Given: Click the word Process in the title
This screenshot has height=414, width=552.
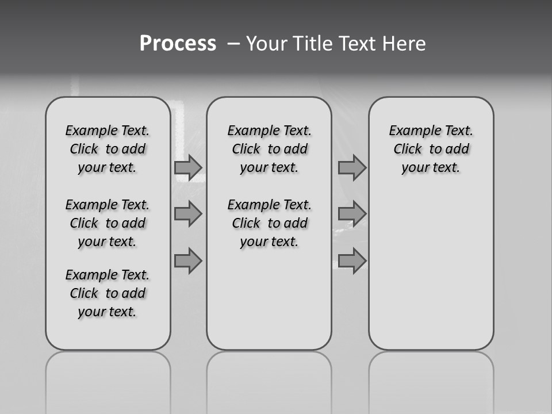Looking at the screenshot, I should pos(178,44).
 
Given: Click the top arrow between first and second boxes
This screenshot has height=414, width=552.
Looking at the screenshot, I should pos(188,167).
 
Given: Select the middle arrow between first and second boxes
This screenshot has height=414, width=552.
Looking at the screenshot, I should pos(188,214).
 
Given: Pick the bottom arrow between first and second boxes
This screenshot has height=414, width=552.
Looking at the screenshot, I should pos(188,260).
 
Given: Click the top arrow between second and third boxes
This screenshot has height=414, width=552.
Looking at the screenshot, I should pos(352,167).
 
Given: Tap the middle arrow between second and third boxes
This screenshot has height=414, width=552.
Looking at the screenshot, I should pos(352,214).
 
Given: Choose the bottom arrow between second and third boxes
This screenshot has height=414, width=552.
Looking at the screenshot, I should pos(352,260).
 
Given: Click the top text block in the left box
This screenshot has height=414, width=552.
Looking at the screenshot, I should pos(108,149).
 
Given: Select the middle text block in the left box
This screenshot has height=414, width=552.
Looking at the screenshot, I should pos(108,223).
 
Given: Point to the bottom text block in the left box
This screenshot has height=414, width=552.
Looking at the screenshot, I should pos(108,293).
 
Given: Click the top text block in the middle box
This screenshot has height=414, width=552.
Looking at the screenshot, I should pos(269,149).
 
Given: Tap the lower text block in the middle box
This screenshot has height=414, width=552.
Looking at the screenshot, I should pos(269,223).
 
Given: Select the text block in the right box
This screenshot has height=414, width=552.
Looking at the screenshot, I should pos(431,149).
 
